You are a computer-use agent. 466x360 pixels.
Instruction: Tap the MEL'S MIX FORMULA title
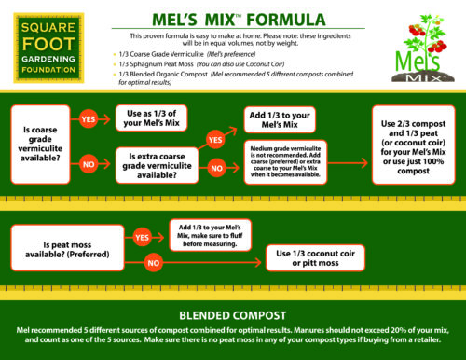tap(232, 18)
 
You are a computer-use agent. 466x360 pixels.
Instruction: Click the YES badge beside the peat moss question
tap(143, 238)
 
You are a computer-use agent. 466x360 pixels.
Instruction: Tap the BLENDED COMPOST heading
tap(233, 315)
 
